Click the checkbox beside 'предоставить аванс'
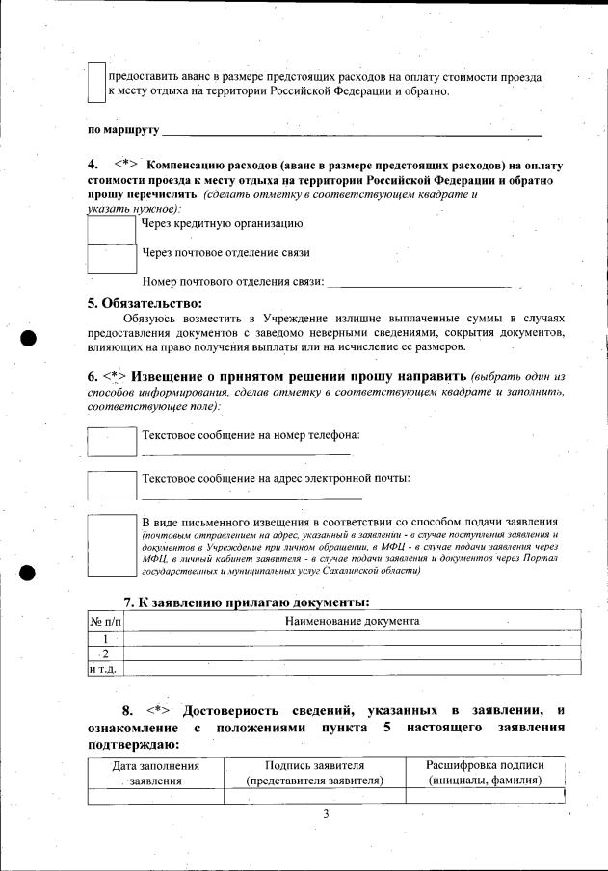coord(95,83)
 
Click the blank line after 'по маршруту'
coord(352,130)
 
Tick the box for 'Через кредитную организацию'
coord(111,229)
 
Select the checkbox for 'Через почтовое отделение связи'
coord(111,258)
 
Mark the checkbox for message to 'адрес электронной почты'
coord(111,484)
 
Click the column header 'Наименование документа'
coord(353,623)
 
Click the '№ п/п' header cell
coord(105,623)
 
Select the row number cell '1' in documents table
coord(105,638)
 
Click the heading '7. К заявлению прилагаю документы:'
coord(246,602)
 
